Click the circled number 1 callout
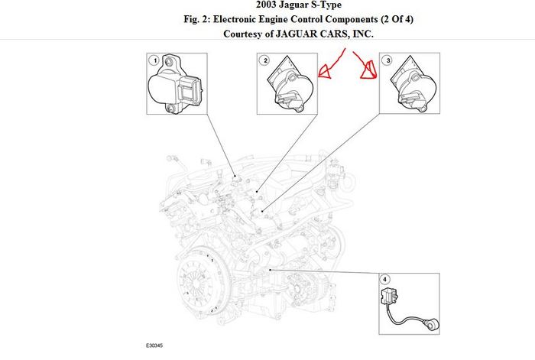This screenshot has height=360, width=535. click(154, 60)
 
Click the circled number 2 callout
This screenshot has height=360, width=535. click(265, 60)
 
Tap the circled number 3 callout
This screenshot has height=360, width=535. click(387, 60)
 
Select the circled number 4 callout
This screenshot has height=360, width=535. click(385, 279)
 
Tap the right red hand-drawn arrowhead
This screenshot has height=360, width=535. click(371, 71)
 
